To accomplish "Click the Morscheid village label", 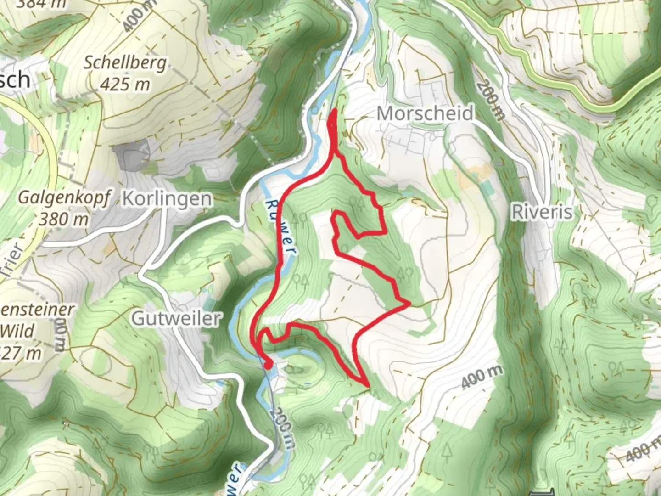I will click(425, 113).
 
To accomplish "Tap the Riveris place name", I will click(543, 212).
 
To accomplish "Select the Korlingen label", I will click(168, 199).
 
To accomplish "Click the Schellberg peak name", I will click(125, 62).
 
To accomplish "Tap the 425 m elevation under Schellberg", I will click(125, 84).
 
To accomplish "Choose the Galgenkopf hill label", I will click(64, 198).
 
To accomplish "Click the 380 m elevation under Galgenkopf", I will click(63, 219).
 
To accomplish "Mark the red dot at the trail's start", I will click(268, 364).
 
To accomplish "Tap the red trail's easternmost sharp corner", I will click(409, 304).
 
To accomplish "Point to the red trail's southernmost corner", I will click(366, 384).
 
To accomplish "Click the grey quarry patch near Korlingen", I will click(133, 157).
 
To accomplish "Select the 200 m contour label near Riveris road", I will click(490, 101).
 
